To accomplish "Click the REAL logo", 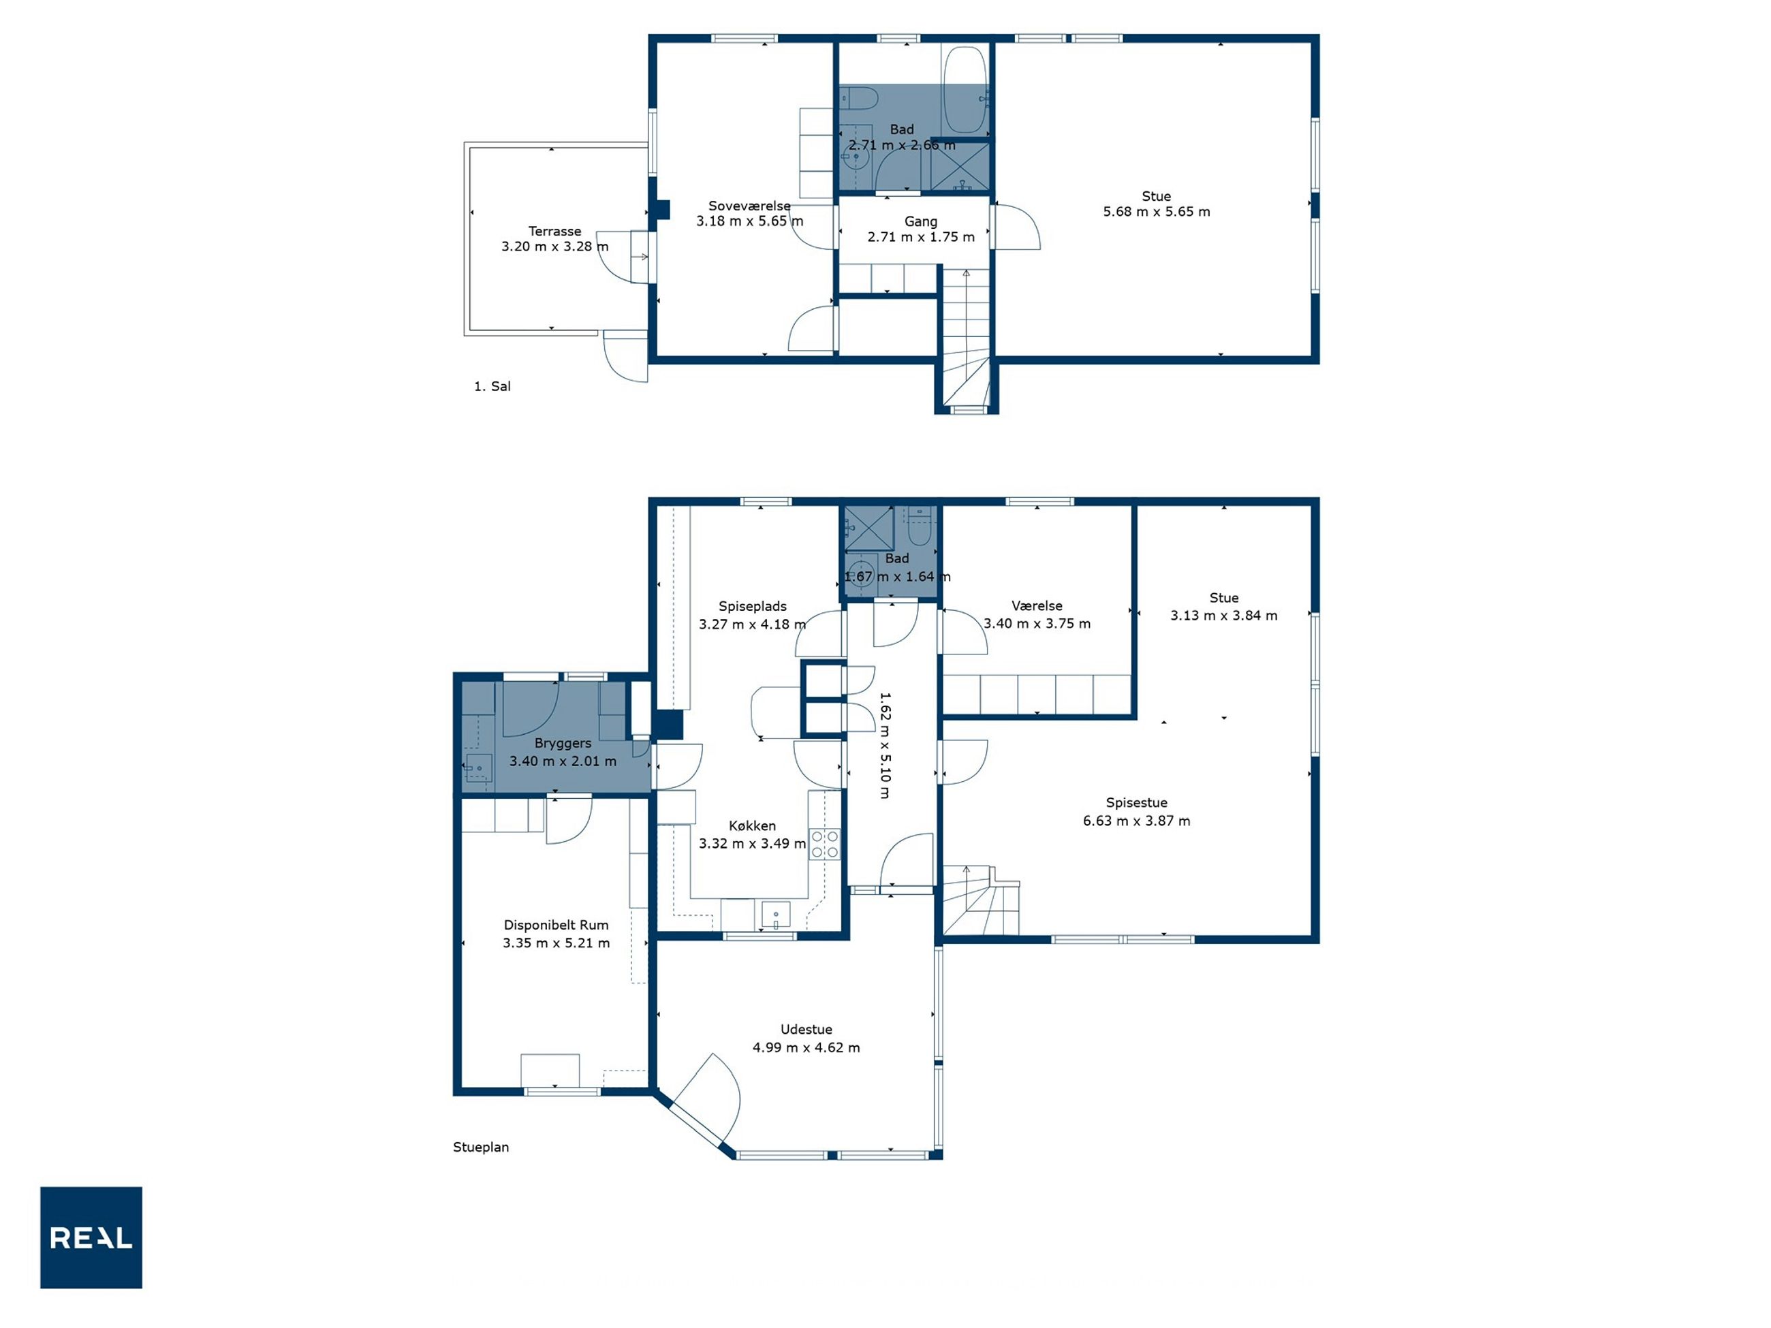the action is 91,1237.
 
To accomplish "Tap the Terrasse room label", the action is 555,232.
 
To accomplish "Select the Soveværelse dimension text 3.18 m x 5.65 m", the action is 749,221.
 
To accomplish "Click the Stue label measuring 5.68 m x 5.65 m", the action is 1156,196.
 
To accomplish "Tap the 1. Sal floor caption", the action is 492,386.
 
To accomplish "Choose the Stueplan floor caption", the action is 481,1146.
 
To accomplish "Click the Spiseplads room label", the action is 753,606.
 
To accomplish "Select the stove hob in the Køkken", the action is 825,844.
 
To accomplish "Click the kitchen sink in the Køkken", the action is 776,914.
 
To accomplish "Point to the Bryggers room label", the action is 563,743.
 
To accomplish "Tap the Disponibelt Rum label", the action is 556,925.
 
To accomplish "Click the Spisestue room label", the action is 1136,802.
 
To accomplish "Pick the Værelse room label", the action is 1037,606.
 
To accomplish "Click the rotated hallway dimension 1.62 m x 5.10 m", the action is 885,745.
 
